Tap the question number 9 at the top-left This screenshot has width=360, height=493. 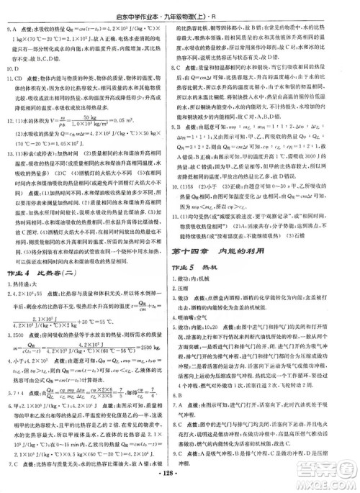(x=8, y=30)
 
